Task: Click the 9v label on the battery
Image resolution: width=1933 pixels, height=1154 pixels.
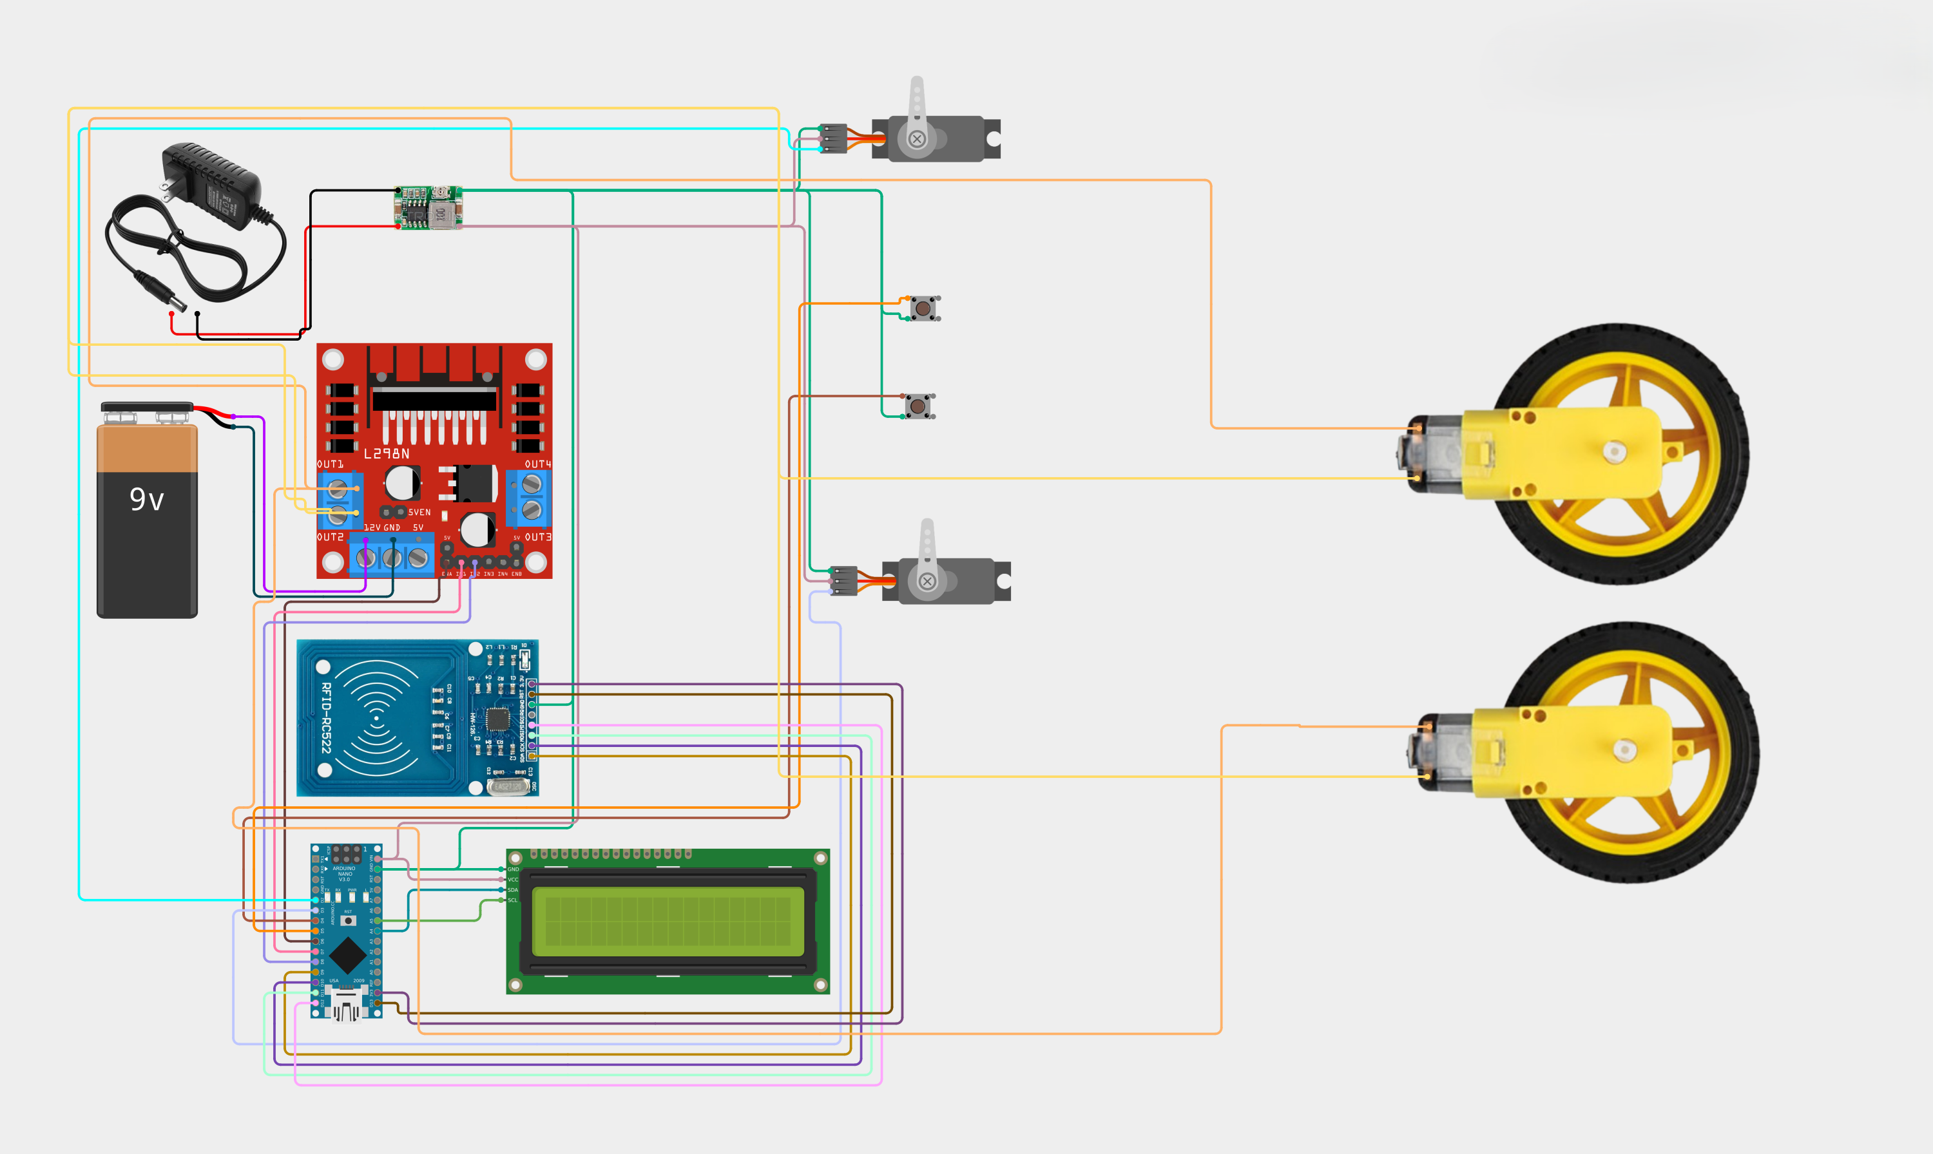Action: pyautogui.click(x=146, y=499)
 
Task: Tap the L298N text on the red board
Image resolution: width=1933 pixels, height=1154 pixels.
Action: pyautogui.click(x=387, y=453)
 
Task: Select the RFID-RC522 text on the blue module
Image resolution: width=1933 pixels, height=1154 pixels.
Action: pyautogui.click(x=326, y=718)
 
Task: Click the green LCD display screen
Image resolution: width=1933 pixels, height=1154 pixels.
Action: pyautogui.click(x=668, y=922)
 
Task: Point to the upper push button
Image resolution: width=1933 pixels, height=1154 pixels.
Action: pyautogui.click(x=923, y=308)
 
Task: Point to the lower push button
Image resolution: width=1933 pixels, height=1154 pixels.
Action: pyautogui.click(x=919, y=406)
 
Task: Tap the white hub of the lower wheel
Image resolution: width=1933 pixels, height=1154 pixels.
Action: pyautogui.click(x=1624, y=750)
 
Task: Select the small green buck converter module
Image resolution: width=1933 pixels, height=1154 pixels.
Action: pyautogui.click(x=428, y=207)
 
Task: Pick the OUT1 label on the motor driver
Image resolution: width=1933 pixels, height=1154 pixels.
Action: pyautogui.click(x=330, y=464)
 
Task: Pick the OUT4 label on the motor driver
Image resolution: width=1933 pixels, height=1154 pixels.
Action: pyautogui.click(x=537, y=464)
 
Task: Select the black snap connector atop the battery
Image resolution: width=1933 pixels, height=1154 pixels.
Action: pyautogui.click(x=146, y=408)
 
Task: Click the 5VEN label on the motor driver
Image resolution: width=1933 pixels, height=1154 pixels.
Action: pyautogui.click(x=419, y=513)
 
